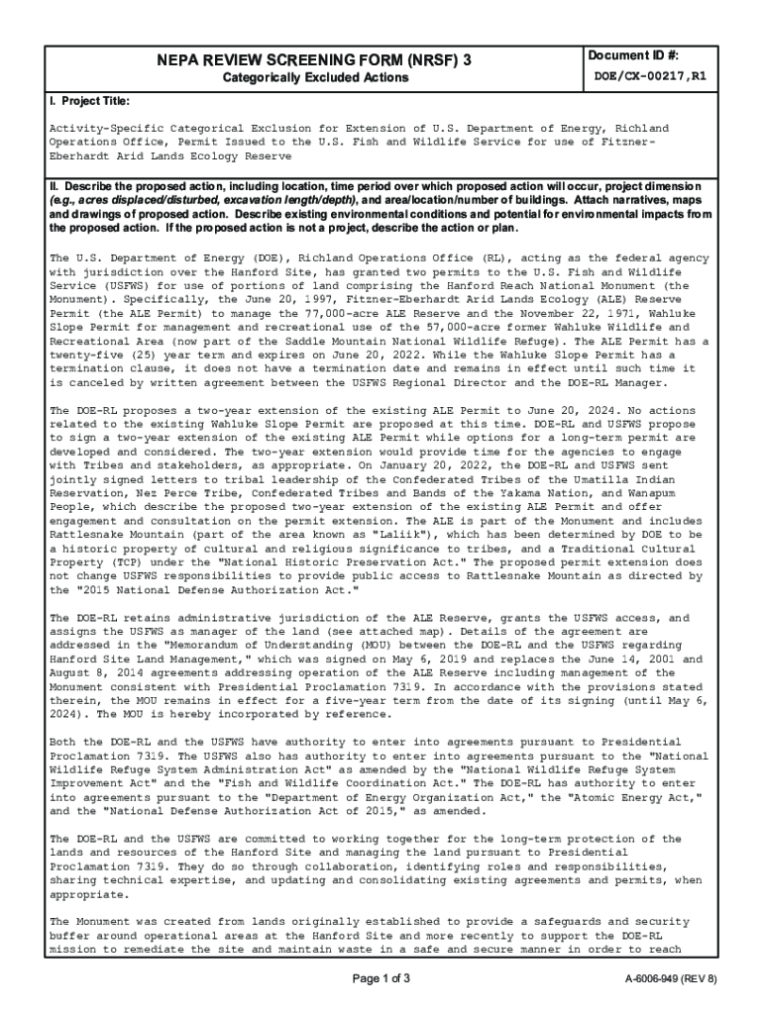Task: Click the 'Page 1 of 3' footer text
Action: click(x=381, y=979)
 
